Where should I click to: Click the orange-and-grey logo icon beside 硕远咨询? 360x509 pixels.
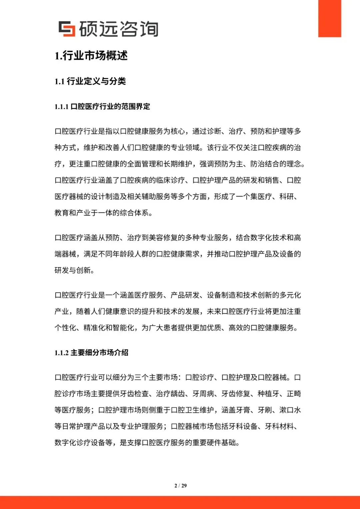pyautogui.click(x=67, y=29)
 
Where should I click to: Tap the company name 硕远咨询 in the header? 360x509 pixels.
pyautogui.click(x=119, y=29)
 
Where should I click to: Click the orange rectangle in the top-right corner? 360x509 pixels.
pyautogui.click(x=329, y=18)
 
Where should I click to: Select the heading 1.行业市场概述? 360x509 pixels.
pyautogui.click(x=91, y=56)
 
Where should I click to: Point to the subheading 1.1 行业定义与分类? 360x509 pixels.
pyautogui.click(x=90, y=81)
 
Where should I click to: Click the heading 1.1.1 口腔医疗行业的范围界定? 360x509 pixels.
pyautogui.click(x=102, y=107)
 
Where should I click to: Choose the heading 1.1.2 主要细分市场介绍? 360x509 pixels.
pyautogui.click(x=91, y=353)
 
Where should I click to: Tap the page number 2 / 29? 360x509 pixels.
pyautogui.click(x=180, y=486)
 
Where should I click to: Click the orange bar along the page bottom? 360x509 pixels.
pyautogui.click(x=180, y=502)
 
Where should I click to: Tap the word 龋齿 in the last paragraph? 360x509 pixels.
pyautogui.click(x=178, y=394)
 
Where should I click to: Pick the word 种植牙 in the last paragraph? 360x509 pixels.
pyautogui.click(x=268, y=394)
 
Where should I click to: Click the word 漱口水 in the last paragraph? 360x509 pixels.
pyautogui.click(x=290, y=410)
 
